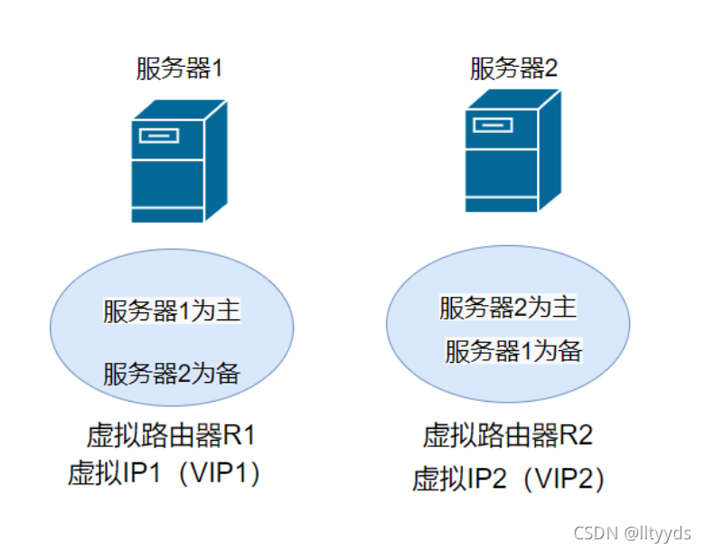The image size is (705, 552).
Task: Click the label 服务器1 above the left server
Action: (x=178, y=69)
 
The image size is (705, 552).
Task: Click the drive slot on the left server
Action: (x=158, y=137)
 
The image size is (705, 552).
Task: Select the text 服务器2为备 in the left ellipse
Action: (x=171, y=372)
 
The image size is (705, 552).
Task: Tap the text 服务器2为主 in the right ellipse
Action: (x=507, y=308)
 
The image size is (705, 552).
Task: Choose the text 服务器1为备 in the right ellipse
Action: (x=512, y=351)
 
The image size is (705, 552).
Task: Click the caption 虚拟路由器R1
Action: (x=171, y=436)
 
